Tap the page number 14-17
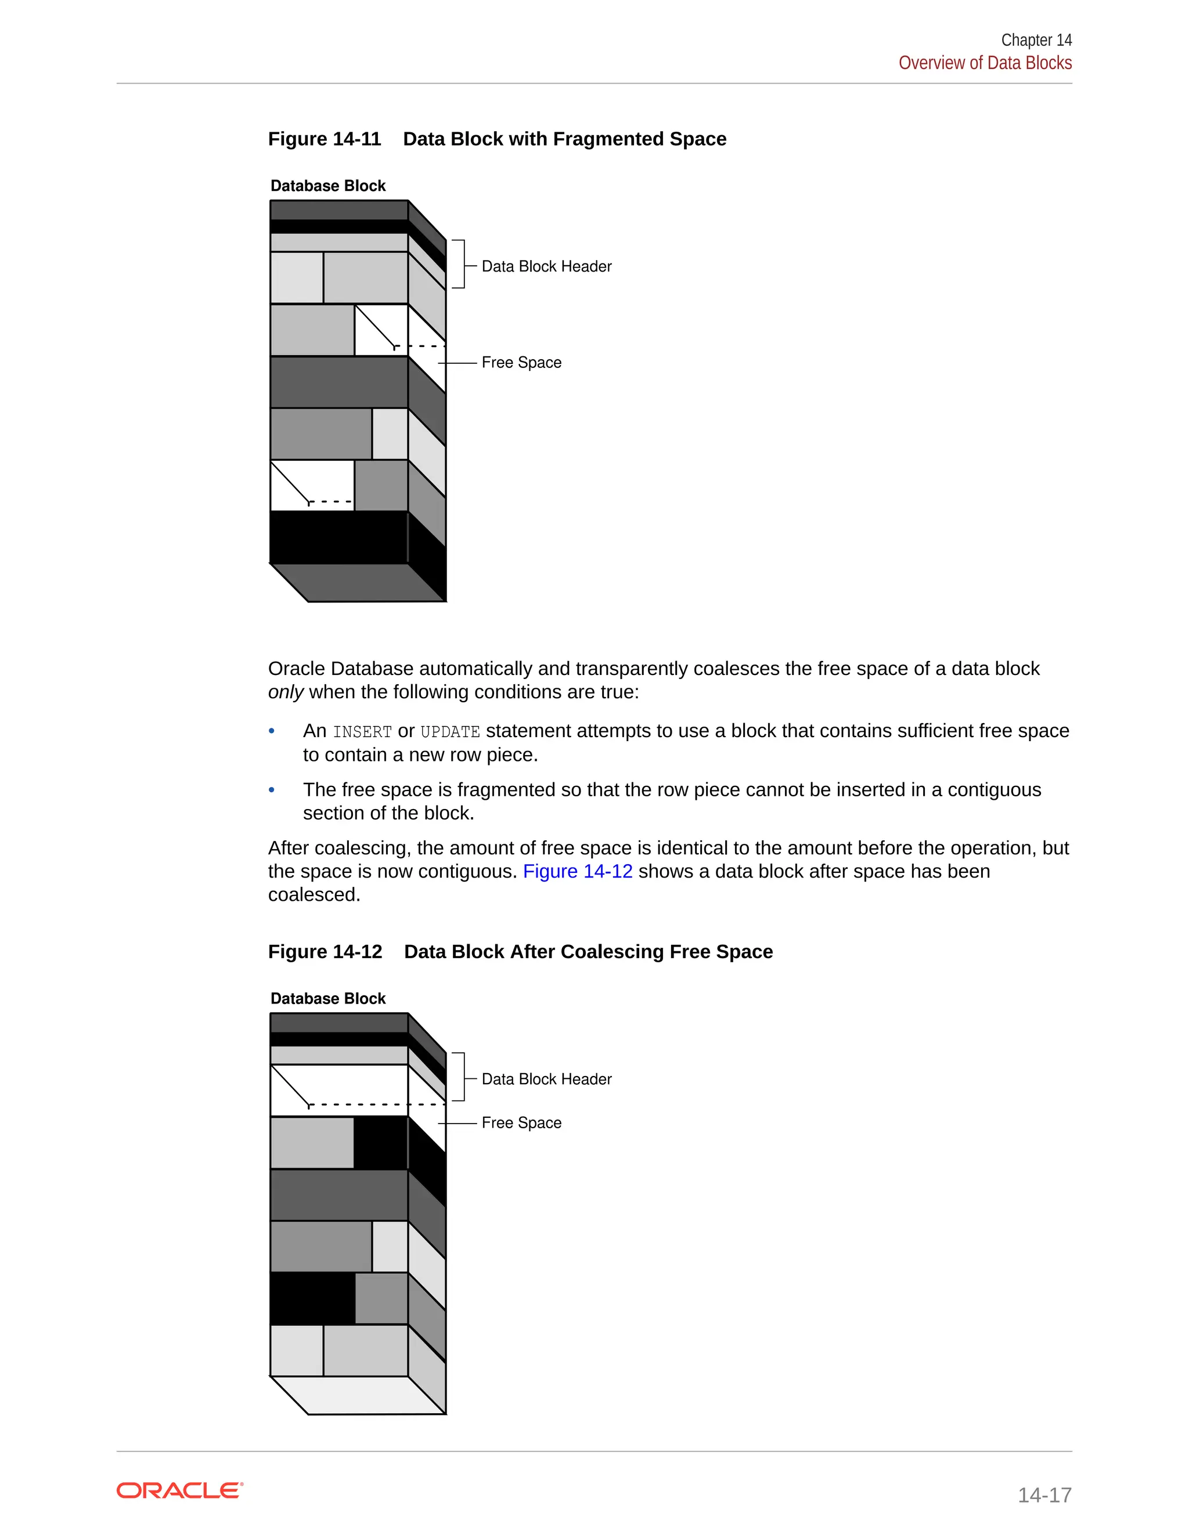[1044, 1494]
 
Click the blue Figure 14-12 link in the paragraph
[577, 871]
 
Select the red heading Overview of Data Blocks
[984, 63]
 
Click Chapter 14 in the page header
[1036, 40]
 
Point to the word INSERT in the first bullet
[362, 732]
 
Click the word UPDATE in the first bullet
[449, 732]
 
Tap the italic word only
[285, 692]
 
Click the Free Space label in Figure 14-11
[521, 363]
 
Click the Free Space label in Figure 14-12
[521, 1122]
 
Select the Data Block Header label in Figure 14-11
[546, 266]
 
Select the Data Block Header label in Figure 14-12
[546, 1079]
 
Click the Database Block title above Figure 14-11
[327, 186]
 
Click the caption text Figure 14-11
[324, 139]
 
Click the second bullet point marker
[272, 790]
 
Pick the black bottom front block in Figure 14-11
[338, 537]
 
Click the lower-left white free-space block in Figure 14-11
[312, 485]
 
